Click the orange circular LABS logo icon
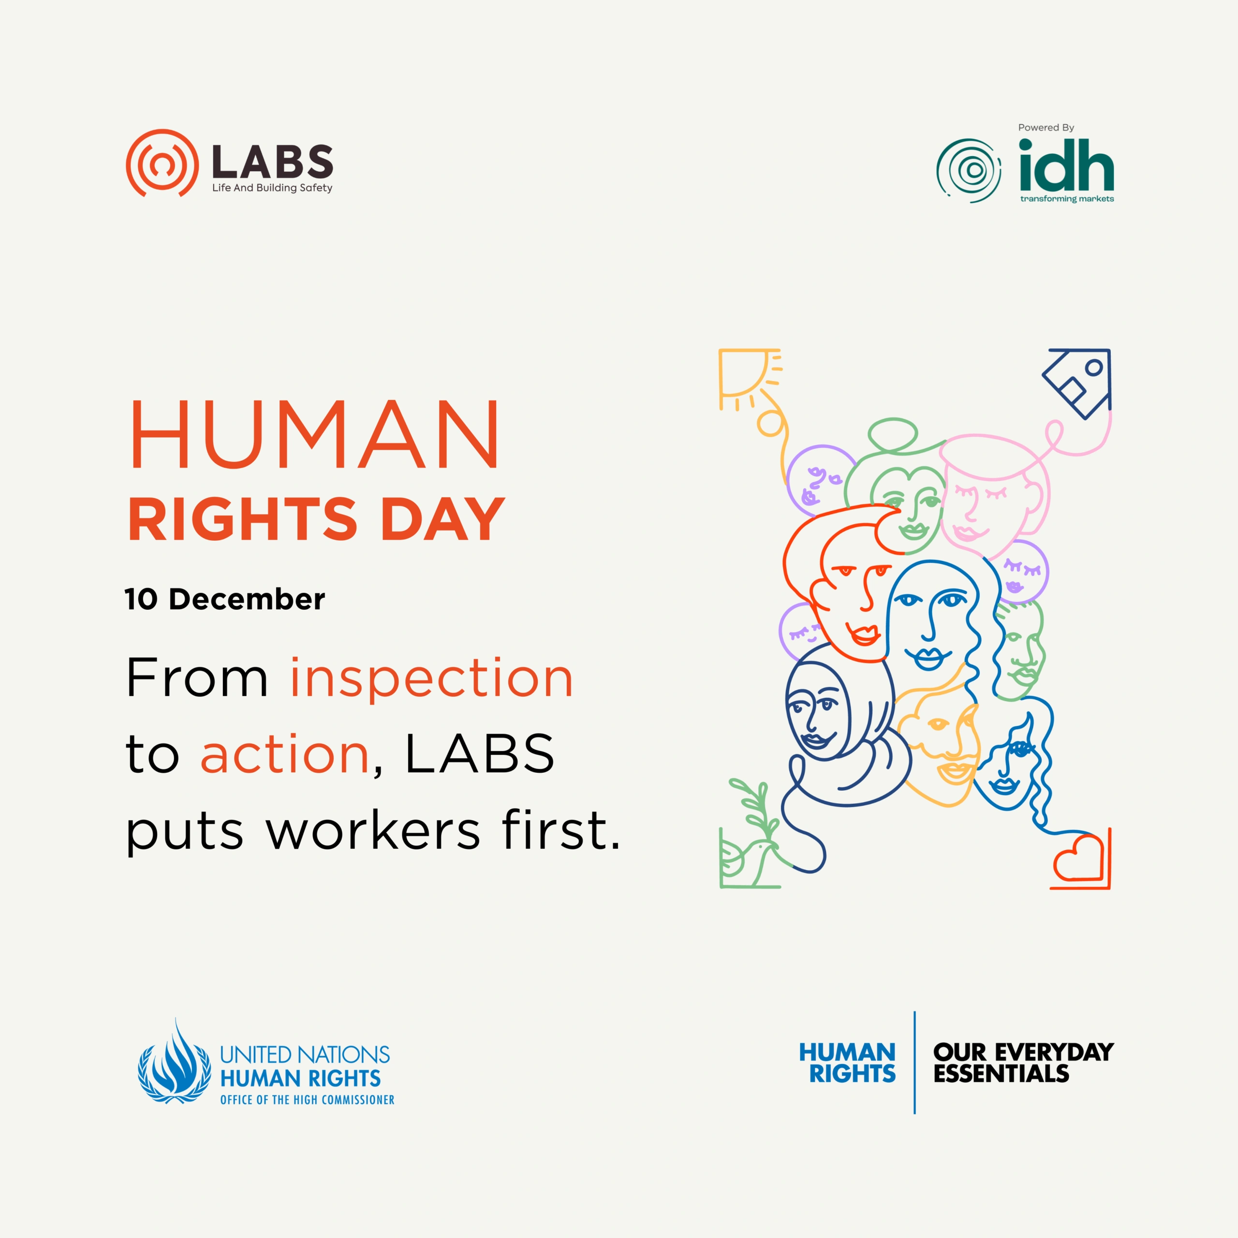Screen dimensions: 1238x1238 [x=162, y=163]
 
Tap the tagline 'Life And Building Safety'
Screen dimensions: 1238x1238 [x=272, y=188]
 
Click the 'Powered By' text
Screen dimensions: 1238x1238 [x=1046, y=128]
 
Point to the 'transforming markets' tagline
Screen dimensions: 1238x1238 [x=1067, y=199]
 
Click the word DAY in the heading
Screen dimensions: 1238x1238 [x=442, y=519]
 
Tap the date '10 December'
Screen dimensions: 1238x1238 [x=225, y=599]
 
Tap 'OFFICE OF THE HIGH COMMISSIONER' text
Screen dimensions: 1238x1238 [x=307, y=1100]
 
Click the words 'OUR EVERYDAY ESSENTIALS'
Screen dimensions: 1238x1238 [x=1023, y=1063]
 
